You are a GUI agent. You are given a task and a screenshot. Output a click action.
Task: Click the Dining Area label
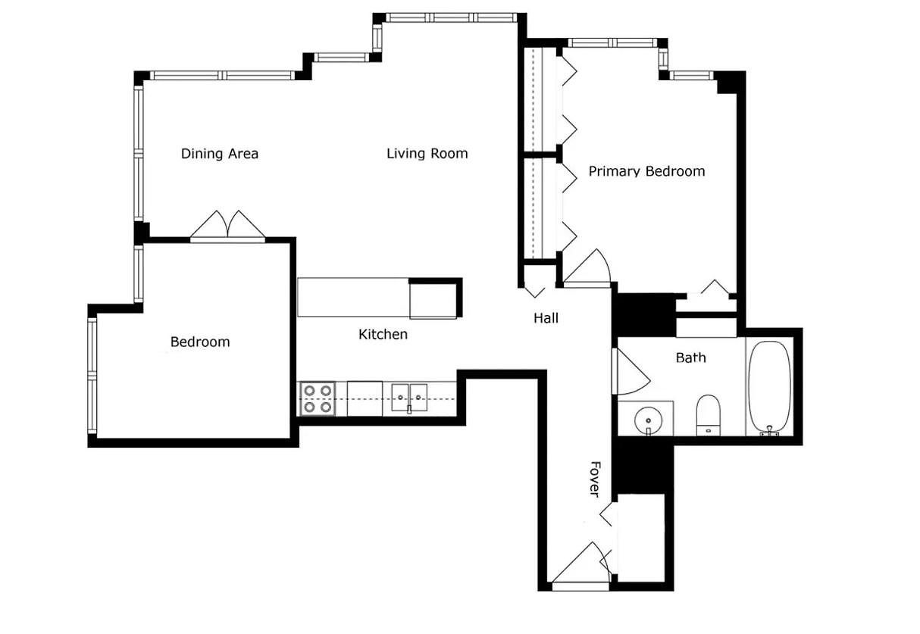point(220,154)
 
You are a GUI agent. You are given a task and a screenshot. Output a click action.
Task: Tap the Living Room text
point(427,154)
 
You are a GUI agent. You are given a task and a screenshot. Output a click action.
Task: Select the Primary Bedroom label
point(646,171)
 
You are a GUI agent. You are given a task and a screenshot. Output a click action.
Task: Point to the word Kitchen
point(383,334)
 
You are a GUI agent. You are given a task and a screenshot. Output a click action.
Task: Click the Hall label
point(546,318)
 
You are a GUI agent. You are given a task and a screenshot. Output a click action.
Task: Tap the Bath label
point(691,358)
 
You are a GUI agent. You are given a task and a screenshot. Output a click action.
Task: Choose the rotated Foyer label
point(595,479)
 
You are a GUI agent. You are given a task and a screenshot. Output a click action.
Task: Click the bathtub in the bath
point(769,388)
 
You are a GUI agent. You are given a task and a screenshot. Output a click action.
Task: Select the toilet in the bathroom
point(709,415)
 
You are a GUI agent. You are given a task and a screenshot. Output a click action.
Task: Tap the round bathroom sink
point(648,421)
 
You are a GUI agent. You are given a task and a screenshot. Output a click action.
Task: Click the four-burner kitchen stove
point(318,398)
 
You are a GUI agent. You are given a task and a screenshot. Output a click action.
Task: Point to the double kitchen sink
point(409,398)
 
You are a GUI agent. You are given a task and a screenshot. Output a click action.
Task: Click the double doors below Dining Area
point(227,225)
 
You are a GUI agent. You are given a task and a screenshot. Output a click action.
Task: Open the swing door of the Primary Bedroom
point(587,267)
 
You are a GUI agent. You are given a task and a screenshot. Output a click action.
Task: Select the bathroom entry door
point(631,371)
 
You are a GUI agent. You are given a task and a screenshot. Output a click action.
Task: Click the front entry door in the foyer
point(580,567)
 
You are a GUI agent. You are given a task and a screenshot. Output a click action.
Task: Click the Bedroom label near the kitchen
point(200,342)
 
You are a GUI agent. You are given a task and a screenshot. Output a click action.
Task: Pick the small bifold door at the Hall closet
point(535,292)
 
